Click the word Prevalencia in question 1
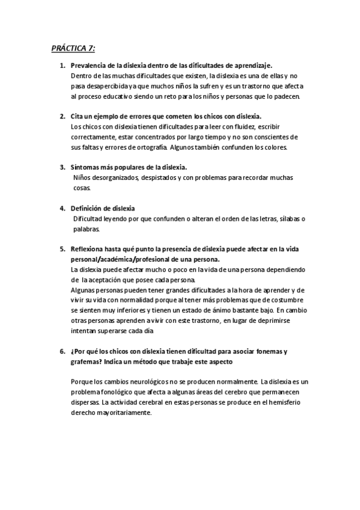(88, 66)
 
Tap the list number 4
(63, 208)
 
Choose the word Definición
(87, 208)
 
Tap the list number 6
(63, 351)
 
